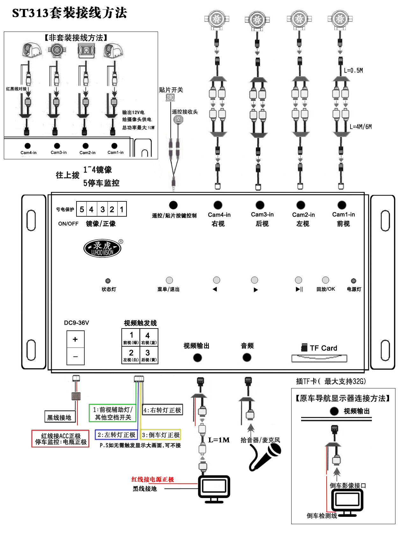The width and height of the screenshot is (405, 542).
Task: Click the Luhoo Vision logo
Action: click(103, 248)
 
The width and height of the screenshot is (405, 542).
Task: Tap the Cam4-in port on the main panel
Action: click(218, 205)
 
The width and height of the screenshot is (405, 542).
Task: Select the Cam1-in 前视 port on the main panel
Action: click(342, 205)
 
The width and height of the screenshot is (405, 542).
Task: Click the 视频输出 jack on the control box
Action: click(198, 358)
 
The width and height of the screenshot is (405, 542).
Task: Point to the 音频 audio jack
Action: click(247, 358)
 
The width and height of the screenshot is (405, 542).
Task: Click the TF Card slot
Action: click(319, 358)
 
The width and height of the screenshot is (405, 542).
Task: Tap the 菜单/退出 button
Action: click(169, 280)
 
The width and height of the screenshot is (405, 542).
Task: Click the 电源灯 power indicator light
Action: click(353, 281)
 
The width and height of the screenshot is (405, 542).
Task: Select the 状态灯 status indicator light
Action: click(108, 281)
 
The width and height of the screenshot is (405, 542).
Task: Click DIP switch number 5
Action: click(82, 209)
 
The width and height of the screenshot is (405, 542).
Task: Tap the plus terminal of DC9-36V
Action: click(76, 339)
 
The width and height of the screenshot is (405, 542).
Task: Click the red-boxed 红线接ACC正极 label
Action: click(61, 439)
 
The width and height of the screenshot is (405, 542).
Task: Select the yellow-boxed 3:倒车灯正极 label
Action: click(161, 435)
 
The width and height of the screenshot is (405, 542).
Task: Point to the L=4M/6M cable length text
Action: click(360, 127)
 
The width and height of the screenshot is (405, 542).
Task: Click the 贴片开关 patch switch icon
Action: click(170, 98)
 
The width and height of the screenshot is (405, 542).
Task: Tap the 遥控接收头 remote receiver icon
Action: click(178, 120)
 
